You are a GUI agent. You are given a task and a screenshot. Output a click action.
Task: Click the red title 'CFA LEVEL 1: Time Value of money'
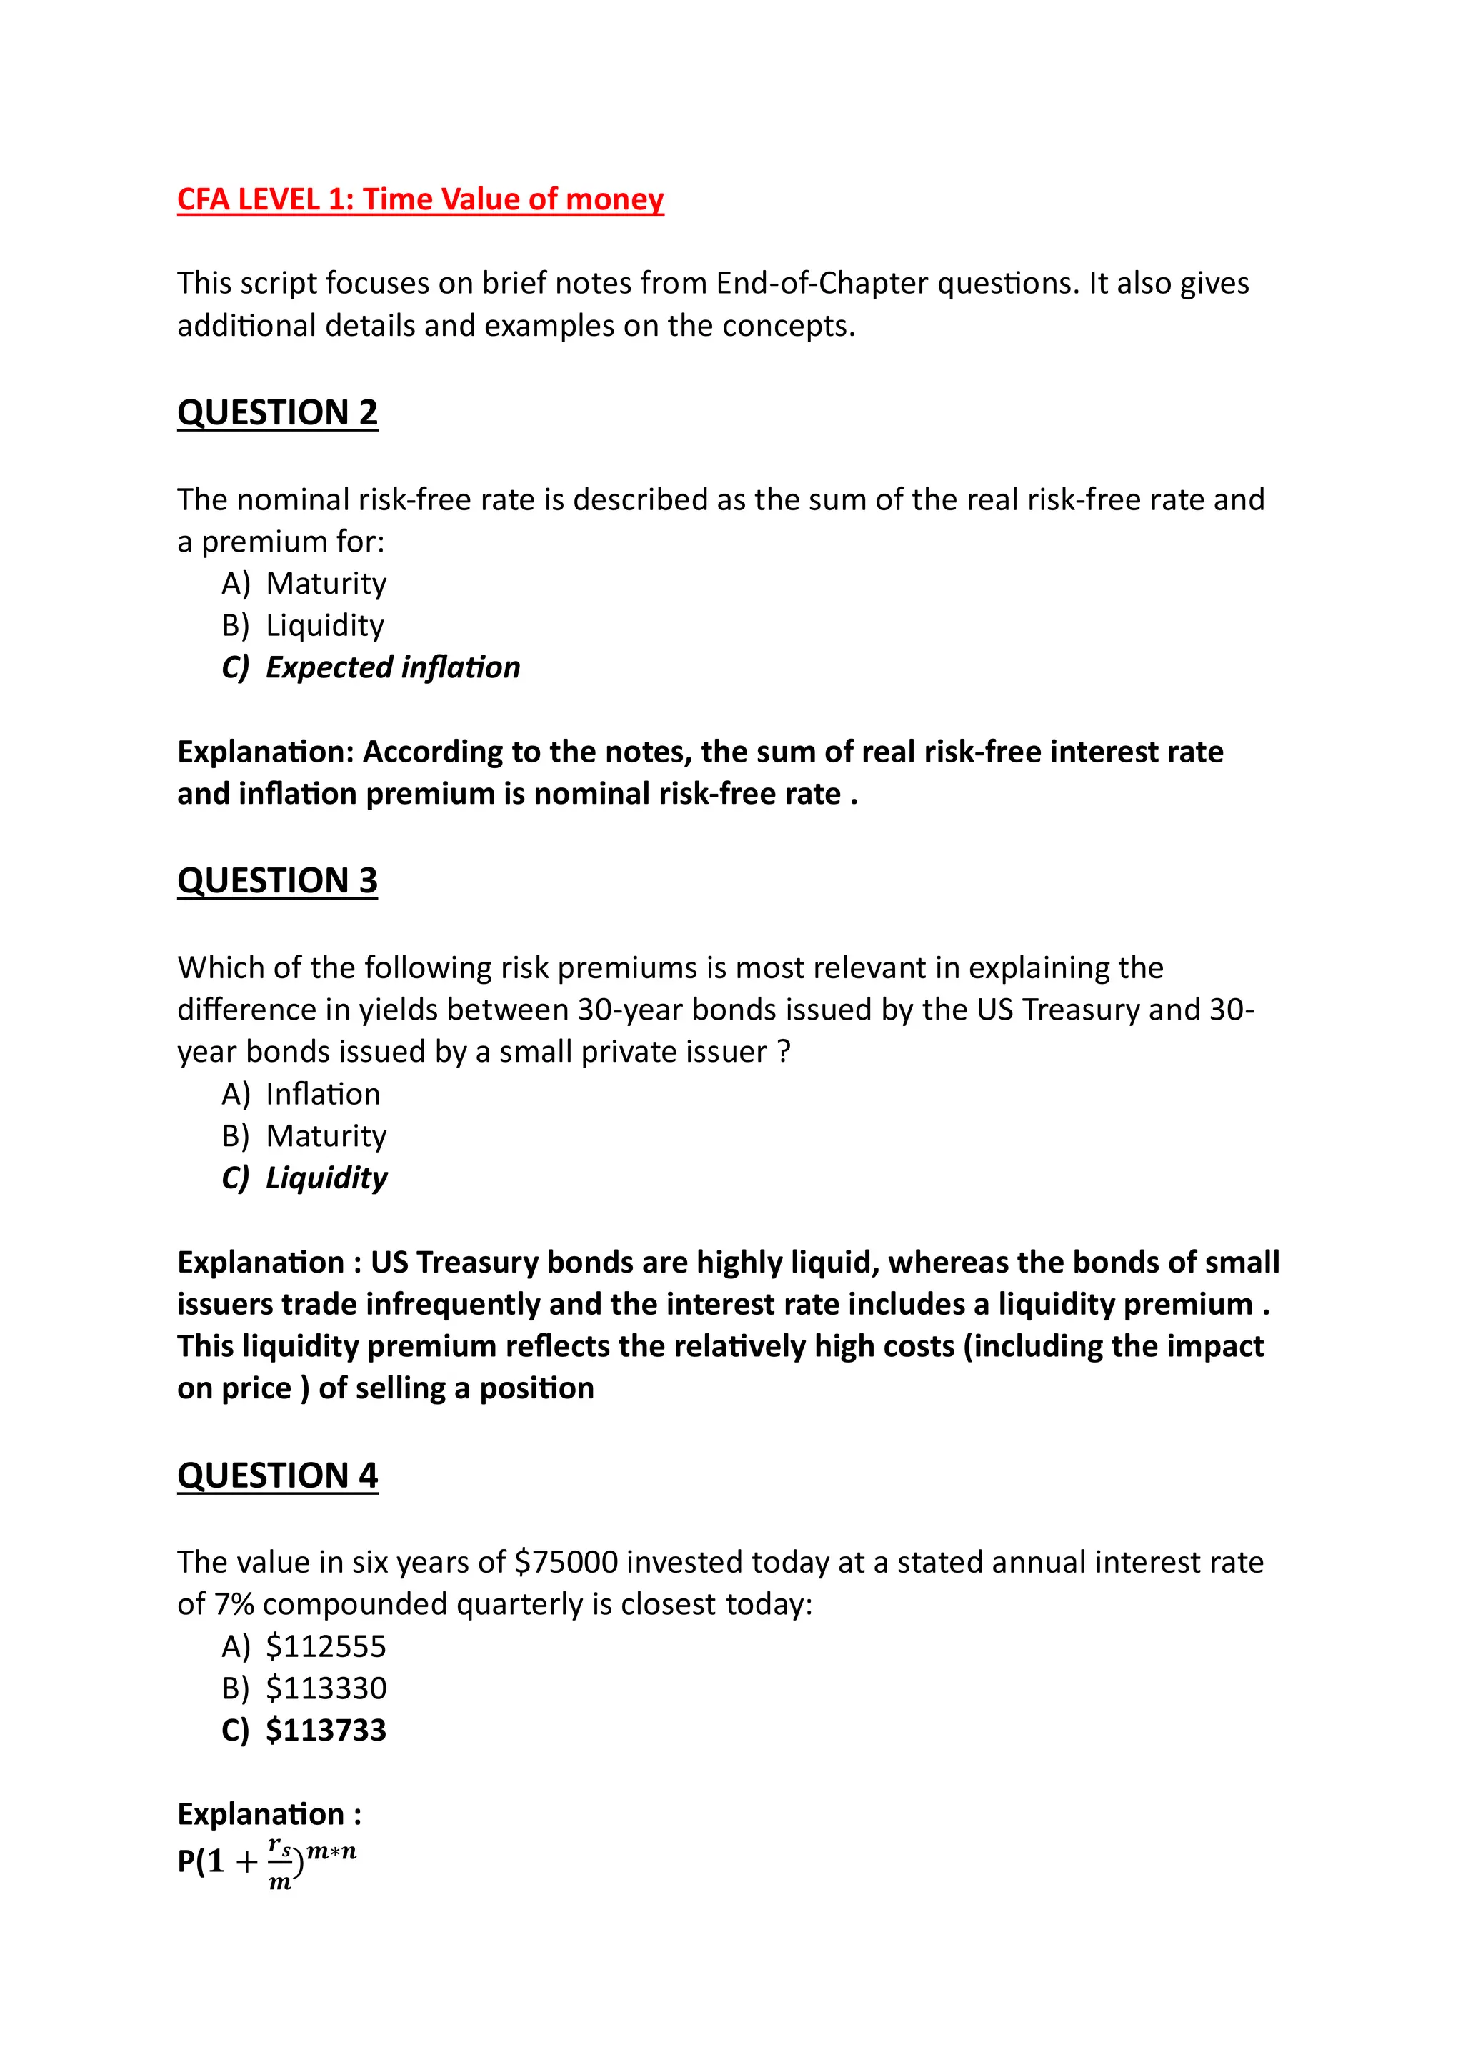click(x=420, y=199)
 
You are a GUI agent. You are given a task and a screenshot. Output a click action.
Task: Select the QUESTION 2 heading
click(x=278, y=413)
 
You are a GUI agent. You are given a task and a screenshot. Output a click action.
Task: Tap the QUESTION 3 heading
click(x=278, y=881)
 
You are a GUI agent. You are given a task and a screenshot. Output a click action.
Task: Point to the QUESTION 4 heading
click(x=278, y=1476)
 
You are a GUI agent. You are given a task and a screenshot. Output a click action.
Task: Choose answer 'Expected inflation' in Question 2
click(x=393, y=668)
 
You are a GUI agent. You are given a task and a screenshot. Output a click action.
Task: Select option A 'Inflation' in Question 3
click(x=323, y=1095)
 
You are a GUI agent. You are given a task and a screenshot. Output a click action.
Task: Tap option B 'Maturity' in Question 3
click(x=326, y=1136)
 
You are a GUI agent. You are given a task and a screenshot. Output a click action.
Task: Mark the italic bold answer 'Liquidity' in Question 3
click(x=326, y=1178)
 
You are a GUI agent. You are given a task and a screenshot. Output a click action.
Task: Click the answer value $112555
click(x=326, y=1647)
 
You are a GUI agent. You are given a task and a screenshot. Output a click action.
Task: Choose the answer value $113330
click(x=326, y=1688)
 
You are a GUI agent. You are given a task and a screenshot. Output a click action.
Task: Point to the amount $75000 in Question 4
click(x=566, y=1563)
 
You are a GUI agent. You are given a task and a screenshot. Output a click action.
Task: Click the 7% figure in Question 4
click(x=234, y=1605)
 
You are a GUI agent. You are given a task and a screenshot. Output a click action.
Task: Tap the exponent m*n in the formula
click(x=331, y=1853)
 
